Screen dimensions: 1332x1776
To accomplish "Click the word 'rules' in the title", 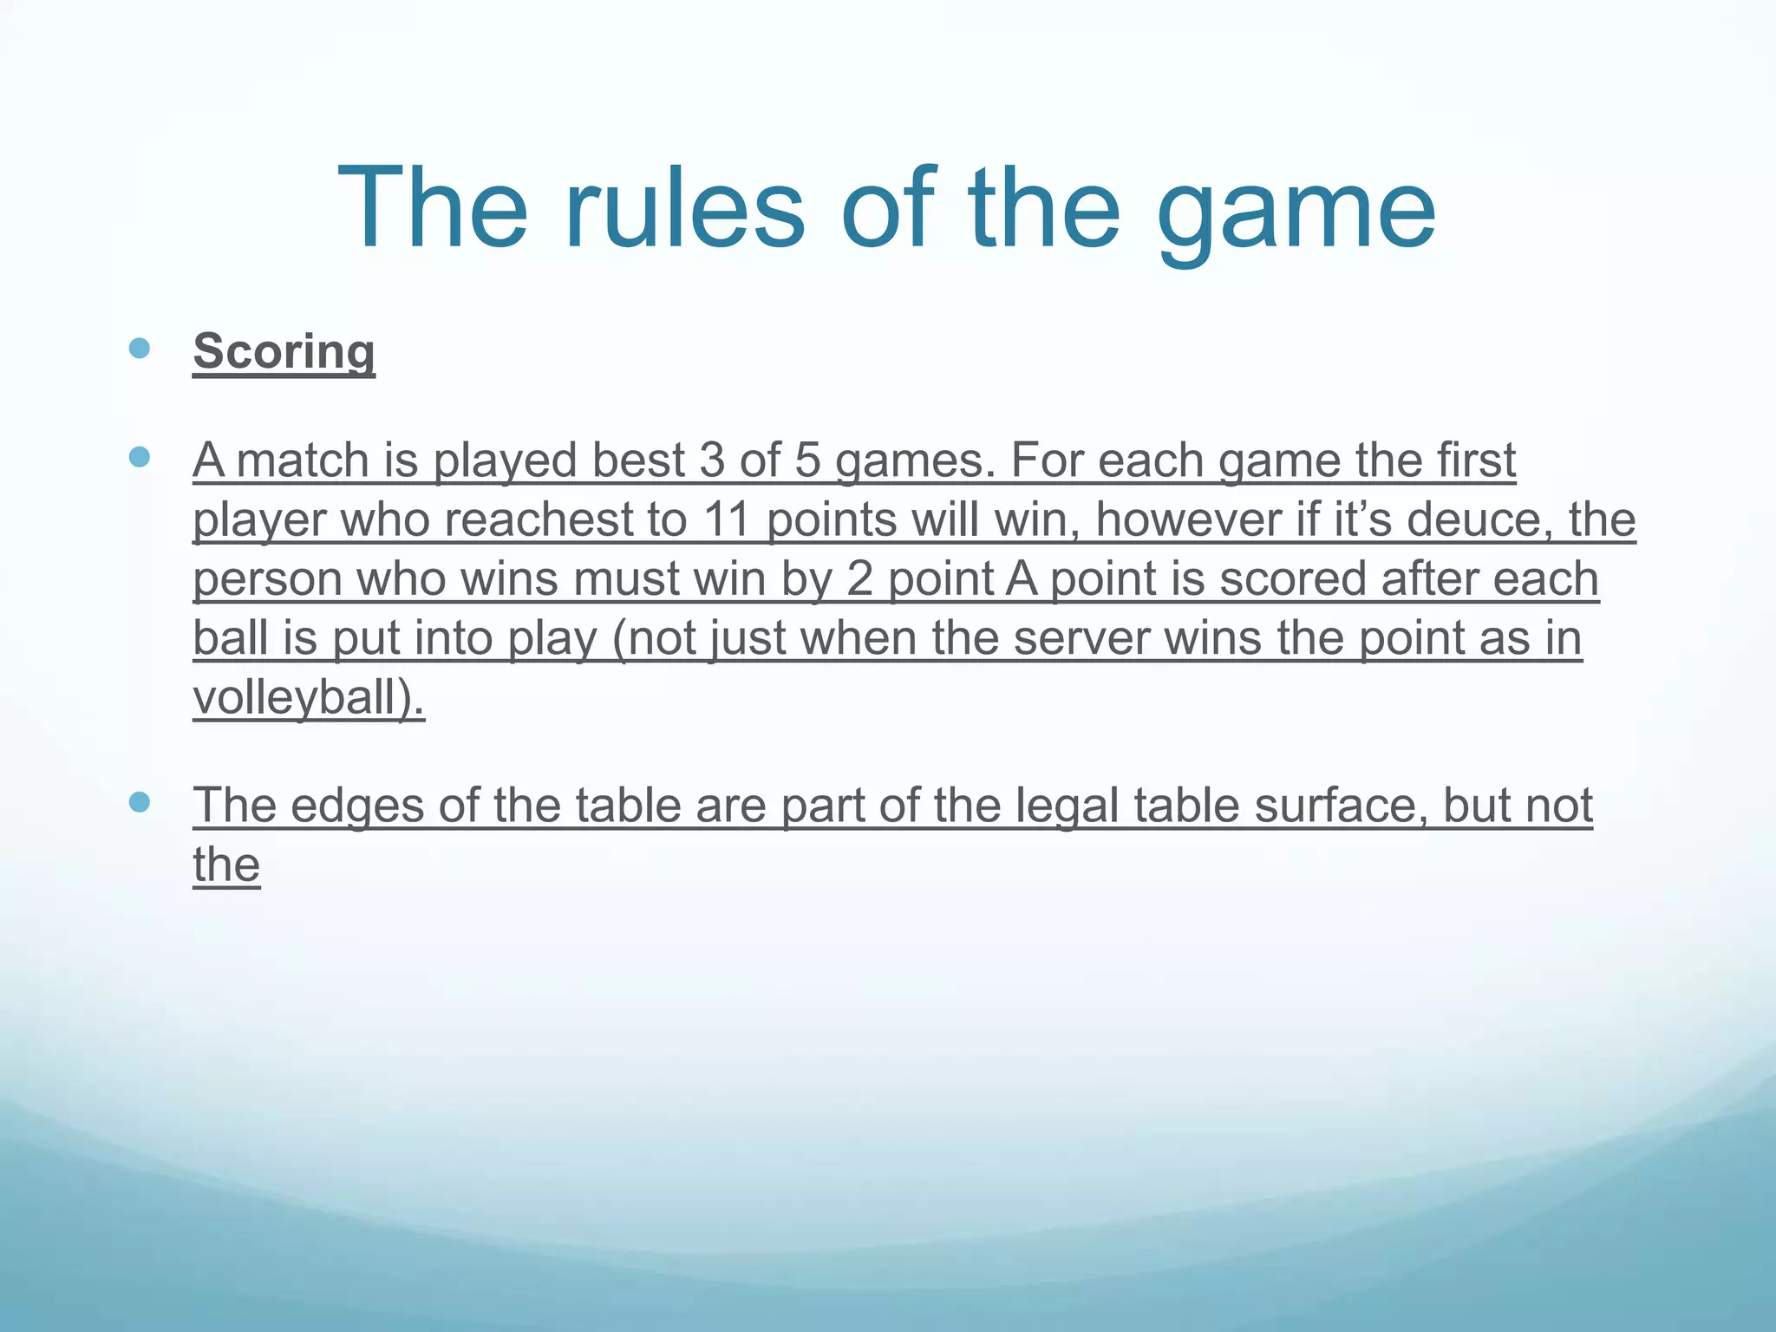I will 684,209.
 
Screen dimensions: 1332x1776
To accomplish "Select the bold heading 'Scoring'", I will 284,351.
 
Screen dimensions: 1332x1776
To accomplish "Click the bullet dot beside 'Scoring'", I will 139,349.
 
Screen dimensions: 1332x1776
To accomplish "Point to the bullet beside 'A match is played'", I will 139,457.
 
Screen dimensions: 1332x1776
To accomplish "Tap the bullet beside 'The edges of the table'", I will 139,802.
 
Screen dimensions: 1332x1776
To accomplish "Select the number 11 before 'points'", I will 727,519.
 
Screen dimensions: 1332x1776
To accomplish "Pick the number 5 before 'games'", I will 807,460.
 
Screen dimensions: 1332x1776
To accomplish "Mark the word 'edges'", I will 357,806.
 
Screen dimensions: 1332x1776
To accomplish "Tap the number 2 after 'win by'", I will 859,579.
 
